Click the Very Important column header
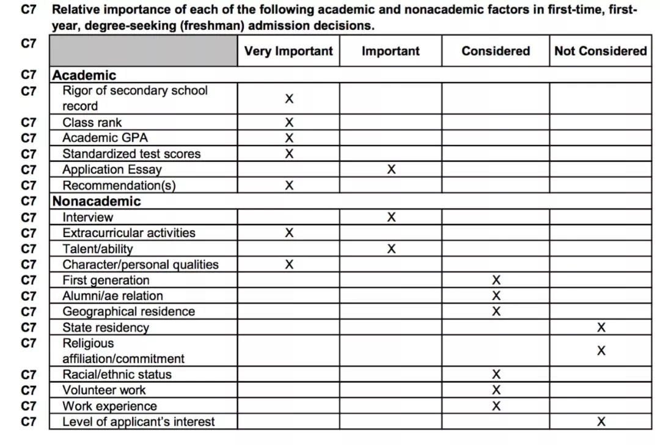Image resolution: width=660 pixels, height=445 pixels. click(x=288, y=51)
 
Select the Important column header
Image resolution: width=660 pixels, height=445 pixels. click(x=391, y=51)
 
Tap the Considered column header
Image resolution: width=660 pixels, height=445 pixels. click(x=496, y=51)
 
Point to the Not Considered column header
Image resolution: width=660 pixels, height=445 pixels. click(x=600, y=51)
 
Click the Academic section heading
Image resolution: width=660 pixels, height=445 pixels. click(x=84, y=75)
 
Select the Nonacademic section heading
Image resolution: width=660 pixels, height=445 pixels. click(x=97, y=201)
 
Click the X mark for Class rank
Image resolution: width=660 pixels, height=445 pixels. click(x=289, y=123)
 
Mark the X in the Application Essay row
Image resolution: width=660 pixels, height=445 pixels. click(x=391, y=170)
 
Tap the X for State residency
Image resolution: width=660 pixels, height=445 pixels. click(x=601, y=328)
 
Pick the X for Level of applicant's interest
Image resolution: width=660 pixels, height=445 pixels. click(x=601, y=422)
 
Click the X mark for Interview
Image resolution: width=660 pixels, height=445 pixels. click(x=391, y=217)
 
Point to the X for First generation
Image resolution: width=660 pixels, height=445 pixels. click(x=496, y=281)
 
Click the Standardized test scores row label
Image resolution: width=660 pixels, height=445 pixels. click(x=131, y=154)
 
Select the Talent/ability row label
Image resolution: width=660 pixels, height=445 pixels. click(x=97, y=249)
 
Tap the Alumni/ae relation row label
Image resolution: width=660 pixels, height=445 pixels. click(x=112, y=296)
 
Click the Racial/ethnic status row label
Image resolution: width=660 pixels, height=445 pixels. click(x=117, y=375)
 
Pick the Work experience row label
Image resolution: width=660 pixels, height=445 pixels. click(x=109, y=406)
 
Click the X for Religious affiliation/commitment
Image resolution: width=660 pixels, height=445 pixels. click(x=601, y=351)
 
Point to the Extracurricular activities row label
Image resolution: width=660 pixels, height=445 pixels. click(x=129, y=233)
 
